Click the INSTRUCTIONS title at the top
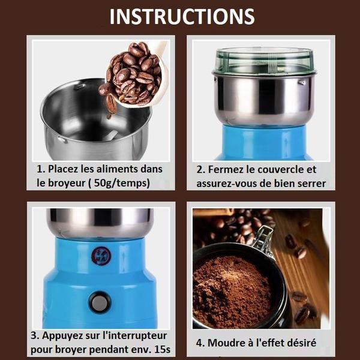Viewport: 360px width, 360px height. tap(181, 16)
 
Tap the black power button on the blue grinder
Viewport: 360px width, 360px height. tap(100, 302)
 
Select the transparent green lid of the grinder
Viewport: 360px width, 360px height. tap(264, 60)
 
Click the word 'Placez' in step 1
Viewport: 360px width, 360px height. tap(68, 169)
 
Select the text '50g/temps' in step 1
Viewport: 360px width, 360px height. tap(127, 183)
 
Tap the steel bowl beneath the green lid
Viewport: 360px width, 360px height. tap(264, 99)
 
